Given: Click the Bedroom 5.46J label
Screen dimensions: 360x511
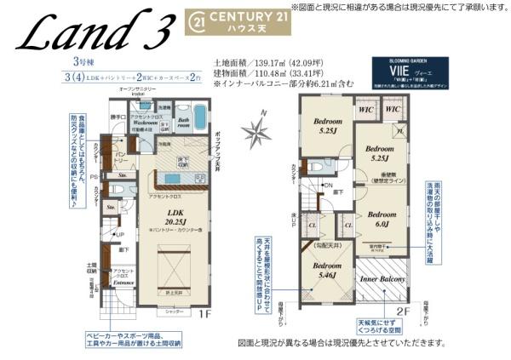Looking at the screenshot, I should click(328, 271).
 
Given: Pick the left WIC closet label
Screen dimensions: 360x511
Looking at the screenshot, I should click(367, 111).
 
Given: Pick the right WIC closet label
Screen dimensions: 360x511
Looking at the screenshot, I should click(393, 111).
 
